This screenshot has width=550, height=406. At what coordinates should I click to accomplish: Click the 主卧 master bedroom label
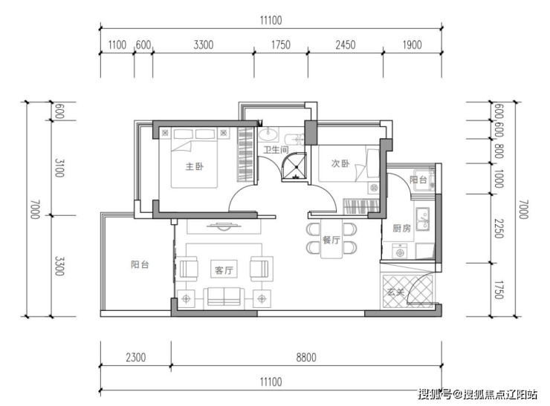coord(194,166)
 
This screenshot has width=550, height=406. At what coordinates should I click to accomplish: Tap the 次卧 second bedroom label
coord(340,163)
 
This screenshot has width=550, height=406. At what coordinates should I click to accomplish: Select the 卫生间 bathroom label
coord(276,150)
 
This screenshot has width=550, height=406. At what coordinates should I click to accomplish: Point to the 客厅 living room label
coord(224,269)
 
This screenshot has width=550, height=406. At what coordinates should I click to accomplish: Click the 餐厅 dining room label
coord(331,240)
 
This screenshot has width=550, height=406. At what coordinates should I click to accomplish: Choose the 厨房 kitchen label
coord(401,229)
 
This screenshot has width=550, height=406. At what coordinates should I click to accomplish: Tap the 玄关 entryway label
coord(396,292)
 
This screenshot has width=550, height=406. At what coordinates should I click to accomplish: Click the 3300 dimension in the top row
coord(204,45)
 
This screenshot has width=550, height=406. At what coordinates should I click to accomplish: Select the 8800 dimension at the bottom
coord(306,357)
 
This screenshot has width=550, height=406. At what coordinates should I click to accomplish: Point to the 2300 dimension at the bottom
coord(136,357)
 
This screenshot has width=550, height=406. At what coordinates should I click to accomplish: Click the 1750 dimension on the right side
coord(499,289)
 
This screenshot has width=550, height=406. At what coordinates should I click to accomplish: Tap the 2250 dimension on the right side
coord(499,229)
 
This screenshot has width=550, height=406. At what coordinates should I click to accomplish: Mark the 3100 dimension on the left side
coord(59,168)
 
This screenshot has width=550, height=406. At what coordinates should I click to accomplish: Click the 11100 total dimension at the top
coord(271,20)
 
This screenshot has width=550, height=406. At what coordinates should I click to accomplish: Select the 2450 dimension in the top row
coord(346,45)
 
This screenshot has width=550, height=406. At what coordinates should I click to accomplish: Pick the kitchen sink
coord(423,219)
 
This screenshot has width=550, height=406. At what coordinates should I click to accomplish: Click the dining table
coord(331,239)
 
